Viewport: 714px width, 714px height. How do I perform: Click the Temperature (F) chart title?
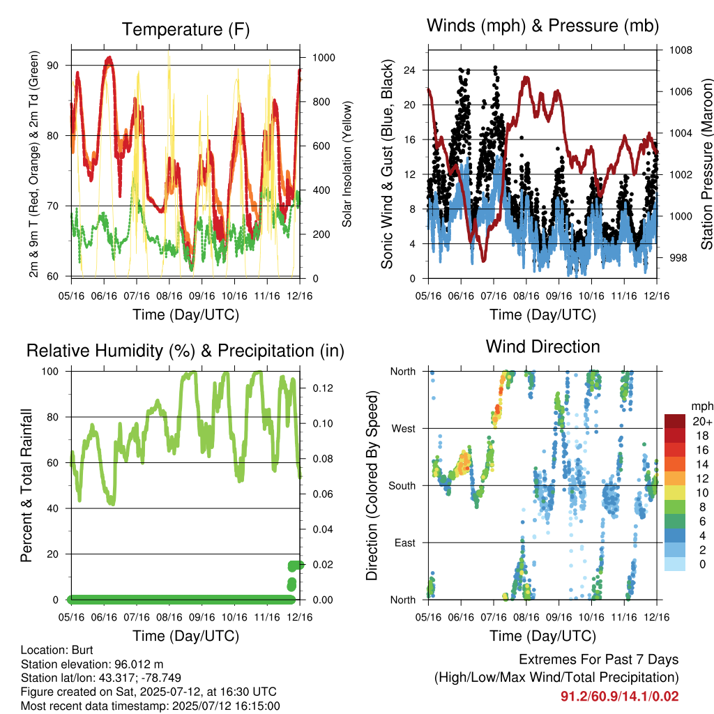click(185, 29)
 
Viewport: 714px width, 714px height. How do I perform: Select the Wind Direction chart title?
click(542, 347)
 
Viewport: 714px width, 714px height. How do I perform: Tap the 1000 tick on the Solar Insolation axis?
click(324, 58)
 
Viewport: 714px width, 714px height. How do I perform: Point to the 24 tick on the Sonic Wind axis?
click(409, 70)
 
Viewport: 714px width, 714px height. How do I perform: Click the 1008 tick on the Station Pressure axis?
click(681, 50)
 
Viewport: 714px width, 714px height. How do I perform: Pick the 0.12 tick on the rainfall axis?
click(323, 388)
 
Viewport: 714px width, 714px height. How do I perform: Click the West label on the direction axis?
click(404, 429)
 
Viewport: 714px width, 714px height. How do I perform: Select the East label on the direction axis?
click(405, 542)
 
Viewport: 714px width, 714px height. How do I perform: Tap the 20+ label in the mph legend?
click(702, 421)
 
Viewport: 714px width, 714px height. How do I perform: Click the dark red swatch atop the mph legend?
click(675, 421)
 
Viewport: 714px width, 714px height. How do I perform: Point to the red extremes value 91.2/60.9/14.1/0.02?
click(619, 697)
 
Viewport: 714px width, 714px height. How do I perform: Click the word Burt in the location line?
click(82, 650)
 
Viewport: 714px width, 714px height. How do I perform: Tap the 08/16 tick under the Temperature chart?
click(169, 296)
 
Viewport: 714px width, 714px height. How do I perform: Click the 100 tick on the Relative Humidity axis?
click(50, 372)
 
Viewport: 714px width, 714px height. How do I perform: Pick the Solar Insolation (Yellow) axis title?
click(347, 164)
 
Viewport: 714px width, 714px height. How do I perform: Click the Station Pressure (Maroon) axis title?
click(707, 164)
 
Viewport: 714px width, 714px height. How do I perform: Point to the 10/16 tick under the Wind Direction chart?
click(591, 617)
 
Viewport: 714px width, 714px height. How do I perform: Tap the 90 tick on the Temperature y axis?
click(53, 66)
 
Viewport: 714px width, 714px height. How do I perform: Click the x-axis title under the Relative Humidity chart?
click(185, 636)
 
